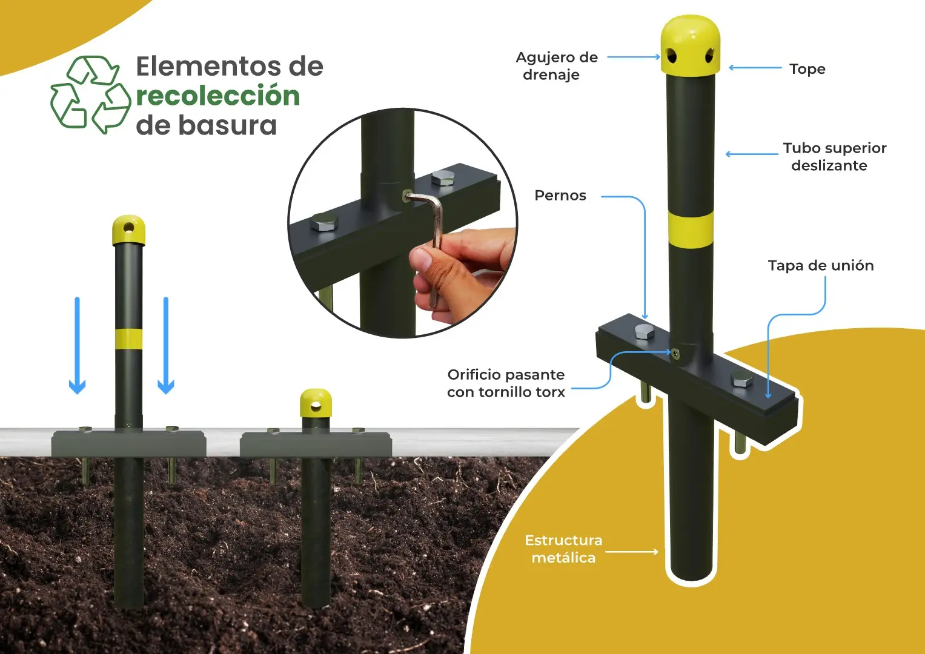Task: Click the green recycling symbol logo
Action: (x=90, y=94)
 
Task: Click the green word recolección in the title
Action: (x=218, y=96)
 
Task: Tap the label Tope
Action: (x=807, y=69)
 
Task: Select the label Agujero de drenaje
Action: (x=556, y=66)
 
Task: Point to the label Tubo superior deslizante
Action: (x=835, y=156)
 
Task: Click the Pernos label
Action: (x=560, y=195)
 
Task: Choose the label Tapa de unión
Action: (x=821, y=265)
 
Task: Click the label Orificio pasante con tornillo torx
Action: (x=506, y=383)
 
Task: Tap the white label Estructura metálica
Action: (x=563, y=549)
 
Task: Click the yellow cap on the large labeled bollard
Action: (x=690, y=45)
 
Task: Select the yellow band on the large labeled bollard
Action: (x=691, y=230)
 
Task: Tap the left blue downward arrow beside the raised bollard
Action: (x=77, y=345)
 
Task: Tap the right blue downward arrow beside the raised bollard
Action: (x=166, y=345)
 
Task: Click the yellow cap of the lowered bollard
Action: (x=316, y=403)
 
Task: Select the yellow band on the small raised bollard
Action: (x=129, y=339)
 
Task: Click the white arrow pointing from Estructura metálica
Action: (x=632, y=552)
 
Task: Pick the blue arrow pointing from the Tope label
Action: (x=755, y=68)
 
